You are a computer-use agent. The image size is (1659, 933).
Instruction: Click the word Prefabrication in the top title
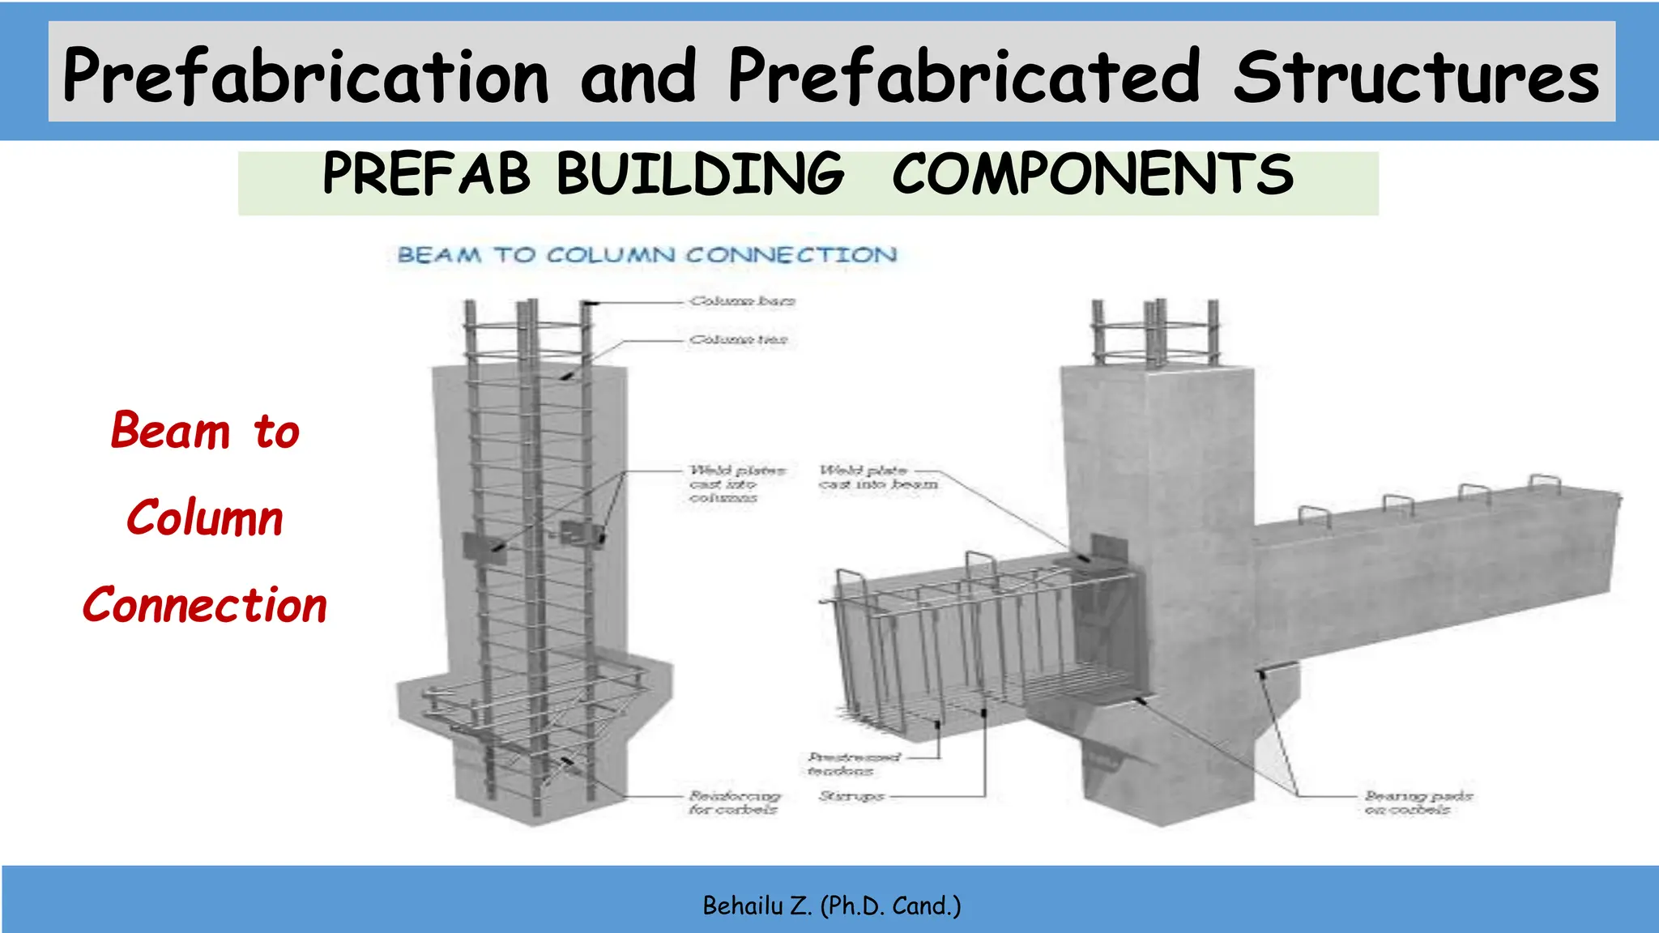coord(306,76)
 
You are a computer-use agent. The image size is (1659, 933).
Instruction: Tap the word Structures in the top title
coord(1416,76)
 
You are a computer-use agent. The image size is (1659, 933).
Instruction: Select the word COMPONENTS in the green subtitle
coord(1093,174)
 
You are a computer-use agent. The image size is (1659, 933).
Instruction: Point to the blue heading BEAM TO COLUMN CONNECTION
coord(647,255)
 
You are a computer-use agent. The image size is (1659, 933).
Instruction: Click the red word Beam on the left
coord(171,431)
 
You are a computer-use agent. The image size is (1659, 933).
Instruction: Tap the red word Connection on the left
coord(205,605)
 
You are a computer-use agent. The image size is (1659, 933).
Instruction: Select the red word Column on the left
coord(205,518)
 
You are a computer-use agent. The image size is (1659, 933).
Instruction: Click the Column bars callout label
coord(742,301)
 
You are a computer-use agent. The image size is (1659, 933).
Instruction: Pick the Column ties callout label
coord(738,339)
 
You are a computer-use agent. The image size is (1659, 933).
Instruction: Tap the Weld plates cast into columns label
coord(736,484)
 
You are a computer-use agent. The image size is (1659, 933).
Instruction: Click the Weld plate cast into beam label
coord(878,477)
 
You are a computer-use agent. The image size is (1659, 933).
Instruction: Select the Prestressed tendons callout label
coord(853,764)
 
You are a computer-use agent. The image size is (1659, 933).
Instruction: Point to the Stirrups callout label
coord(851,796)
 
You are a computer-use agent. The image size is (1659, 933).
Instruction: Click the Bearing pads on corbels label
coord(1418,803)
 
